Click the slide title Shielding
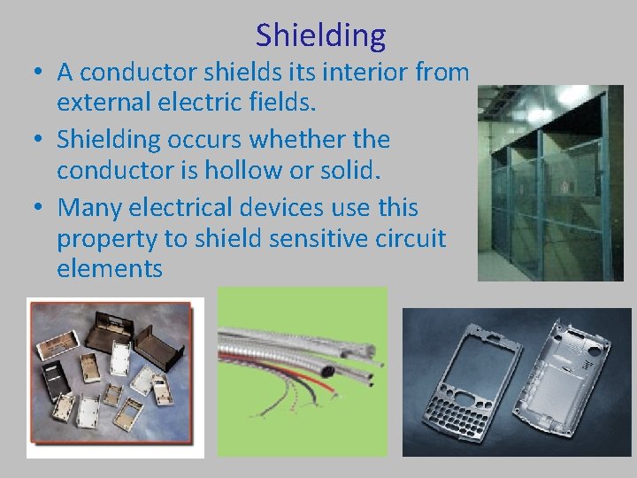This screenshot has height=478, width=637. (320, 35)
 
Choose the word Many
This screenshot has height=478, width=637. (93, 206)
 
